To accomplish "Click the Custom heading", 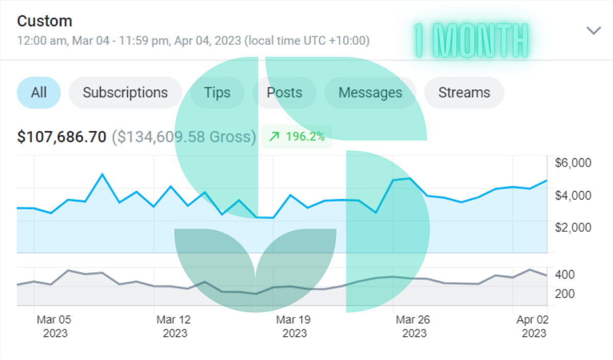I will (x=44, y=21).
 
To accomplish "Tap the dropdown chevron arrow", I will (x=593, y=31).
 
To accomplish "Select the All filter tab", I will (x=39, y=93).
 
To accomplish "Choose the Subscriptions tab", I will (x=125, y=93).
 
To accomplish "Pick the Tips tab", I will (x=217, y=93).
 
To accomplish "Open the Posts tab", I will (x=285, y=93).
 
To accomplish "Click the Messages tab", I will (x=370, y=93).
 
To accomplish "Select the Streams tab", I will (x=464, y=93).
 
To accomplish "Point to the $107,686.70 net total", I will (x=62, y=137).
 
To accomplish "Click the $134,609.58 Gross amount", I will (x=184, y=137).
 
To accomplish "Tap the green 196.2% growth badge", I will (x=297, y=137).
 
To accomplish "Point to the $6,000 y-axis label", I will (x=573, y=163).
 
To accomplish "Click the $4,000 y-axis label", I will (x=573, y=195).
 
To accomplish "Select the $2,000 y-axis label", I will (x=573, y=227).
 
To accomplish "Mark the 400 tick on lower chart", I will (x=564, y=275).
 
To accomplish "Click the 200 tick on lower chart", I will (x=564, y=294).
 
